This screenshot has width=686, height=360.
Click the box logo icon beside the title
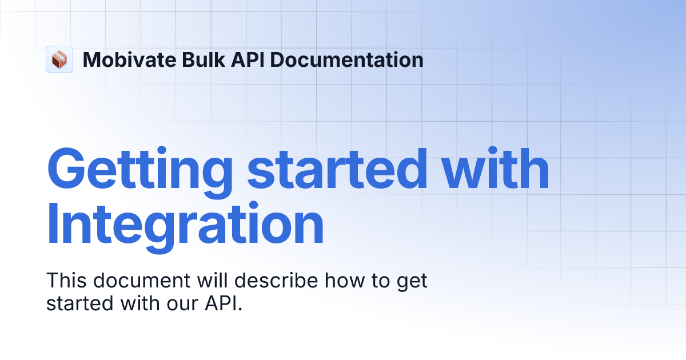(59, 59)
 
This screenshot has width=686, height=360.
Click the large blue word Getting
(139, 170)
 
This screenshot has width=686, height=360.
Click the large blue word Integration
(185, 227)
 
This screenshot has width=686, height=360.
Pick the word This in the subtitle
(66, 281)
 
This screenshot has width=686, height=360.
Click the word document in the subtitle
(141, 281)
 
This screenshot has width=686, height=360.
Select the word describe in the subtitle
(277, 281)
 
